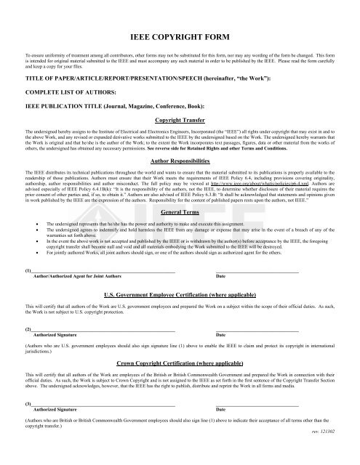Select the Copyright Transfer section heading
click(180, 120)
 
